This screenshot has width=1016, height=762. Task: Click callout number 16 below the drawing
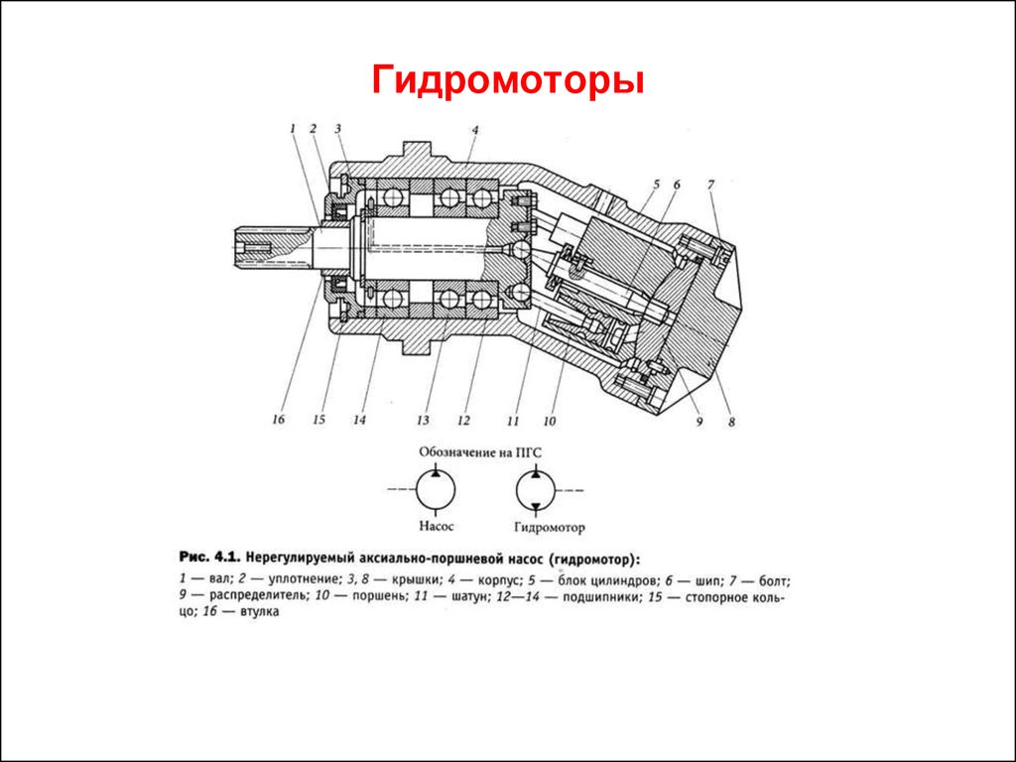pos(278,421)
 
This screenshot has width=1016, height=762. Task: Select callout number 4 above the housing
pos(475,130)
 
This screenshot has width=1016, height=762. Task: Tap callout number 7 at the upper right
pos(710,185)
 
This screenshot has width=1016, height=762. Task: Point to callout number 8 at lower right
pos(731,422)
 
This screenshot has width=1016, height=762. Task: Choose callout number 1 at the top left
pos(294,128)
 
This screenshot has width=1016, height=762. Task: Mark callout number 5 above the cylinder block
pos(656,185)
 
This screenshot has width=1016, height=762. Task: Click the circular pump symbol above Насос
pos(436,489)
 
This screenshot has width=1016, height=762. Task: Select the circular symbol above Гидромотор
pos(536,490)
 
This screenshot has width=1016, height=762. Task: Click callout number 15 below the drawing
pos(318,421)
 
